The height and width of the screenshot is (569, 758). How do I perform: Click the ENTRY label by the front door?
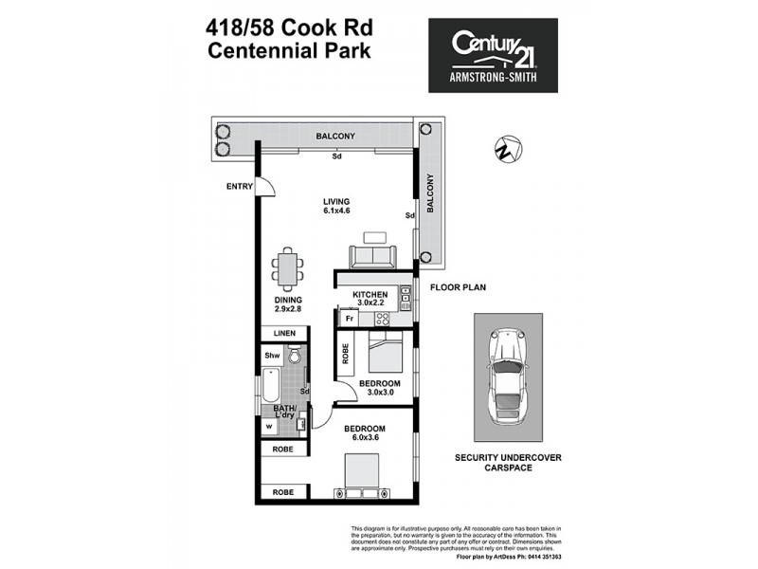pyautogui.click(x=239, y=187)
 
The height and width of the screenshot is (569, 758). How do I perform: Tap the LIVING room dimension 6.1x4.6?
pyautogui.click(x=336, y=212)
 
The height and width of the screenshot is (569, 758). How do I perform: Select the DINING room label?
pyautogui.click(x=288, y=301)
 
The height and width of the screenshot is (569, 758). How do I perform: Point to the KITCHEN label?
pyautogui.click(x=370, y=295)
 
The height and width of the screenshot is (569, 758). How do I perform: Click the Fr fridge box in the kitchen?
pyautogui.click(x=349, y=320)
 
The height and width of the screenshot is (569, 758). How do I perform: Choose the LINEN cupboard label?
pyautogui.click(x=285, y=334)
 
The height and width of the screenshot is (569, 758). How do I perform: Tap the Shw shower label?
pyautogui.click(x=273, y=356)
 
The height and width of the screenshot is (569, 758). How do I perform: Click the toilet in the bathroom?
pyautogui.click(x=296, y=357)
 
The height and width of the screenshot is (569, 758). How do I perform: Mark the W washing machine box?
pyautogui.click(x=269, y=426)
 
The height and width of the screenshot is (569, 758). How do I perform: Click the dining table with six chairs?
pyautogui.click(x=287, y=268)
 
